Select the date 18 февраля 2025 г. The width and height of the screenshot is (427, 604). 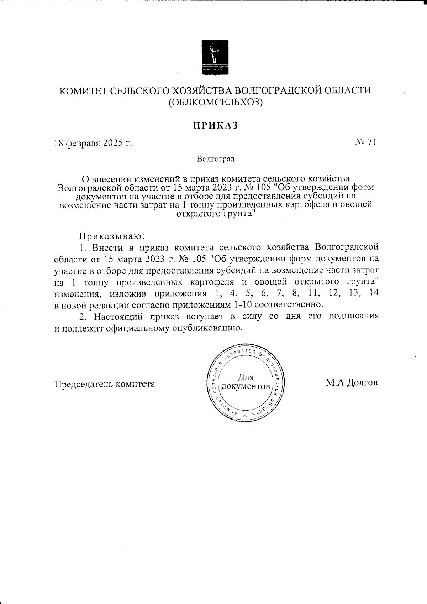tap(93, 144)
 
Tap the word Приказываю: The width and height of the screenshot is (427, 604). tap(111, 236)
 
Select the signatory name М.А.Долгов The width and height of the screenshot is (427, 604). tap(351, 383)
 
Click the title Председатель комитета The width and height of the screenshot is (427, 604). tap(105, 384)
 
